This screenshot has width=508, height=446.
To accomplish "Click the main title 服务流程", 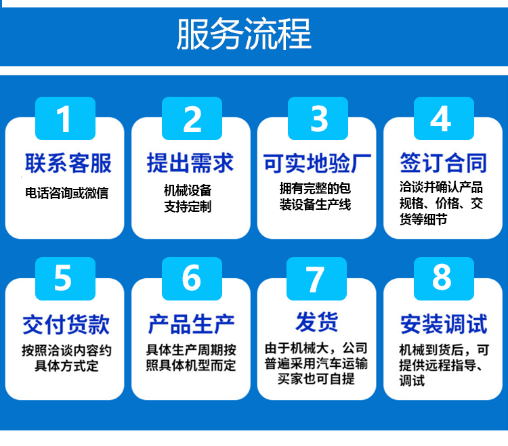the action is point(244,34).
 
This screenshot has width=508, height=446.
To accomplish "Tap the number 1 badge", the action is point(65,118).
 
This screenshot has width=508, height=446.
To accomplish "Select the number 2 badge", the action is point(192,118).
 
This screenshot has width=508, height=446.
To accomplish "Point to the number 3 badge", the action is point(318,118).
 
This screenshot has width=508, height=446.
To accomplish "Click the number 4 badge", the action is point(444,118).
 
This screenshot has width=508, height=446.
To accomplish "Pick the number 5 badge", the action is point(65,279).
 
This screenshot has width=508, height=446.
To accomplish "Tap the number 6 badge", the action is point(192,279).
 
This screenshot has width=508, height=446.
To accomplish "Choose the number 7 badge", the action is point(316,279).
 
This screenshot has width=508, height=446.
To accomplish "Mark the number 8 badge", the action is point(444,279).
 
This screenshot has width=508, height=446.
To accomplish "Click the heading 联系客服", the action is point(68,163).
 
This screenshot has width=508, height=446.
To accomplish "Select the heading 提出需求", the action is point(190,163).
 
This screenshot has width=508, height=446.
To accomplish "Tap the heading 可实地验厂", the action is point(317,164).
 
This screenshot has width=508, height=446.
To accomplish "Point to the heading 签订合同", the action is point(444,163).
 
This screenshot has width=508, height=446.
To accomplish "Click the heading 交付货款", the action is point(66,324).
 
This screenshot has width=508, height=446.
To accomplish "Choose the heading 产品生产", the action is point(191,324).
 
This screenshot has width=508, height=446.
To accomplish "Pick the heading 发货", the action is point(317,321).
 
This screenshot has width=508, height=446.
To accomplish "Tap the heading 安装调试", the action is point(444,324).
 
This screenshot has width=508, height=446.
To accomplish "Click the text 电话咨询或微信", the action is point(67,193).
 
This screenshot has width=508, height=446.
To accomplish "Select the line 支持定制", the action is point(188,206).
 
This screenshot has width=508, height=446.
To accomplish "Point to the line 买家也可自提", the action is point(316,379).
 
